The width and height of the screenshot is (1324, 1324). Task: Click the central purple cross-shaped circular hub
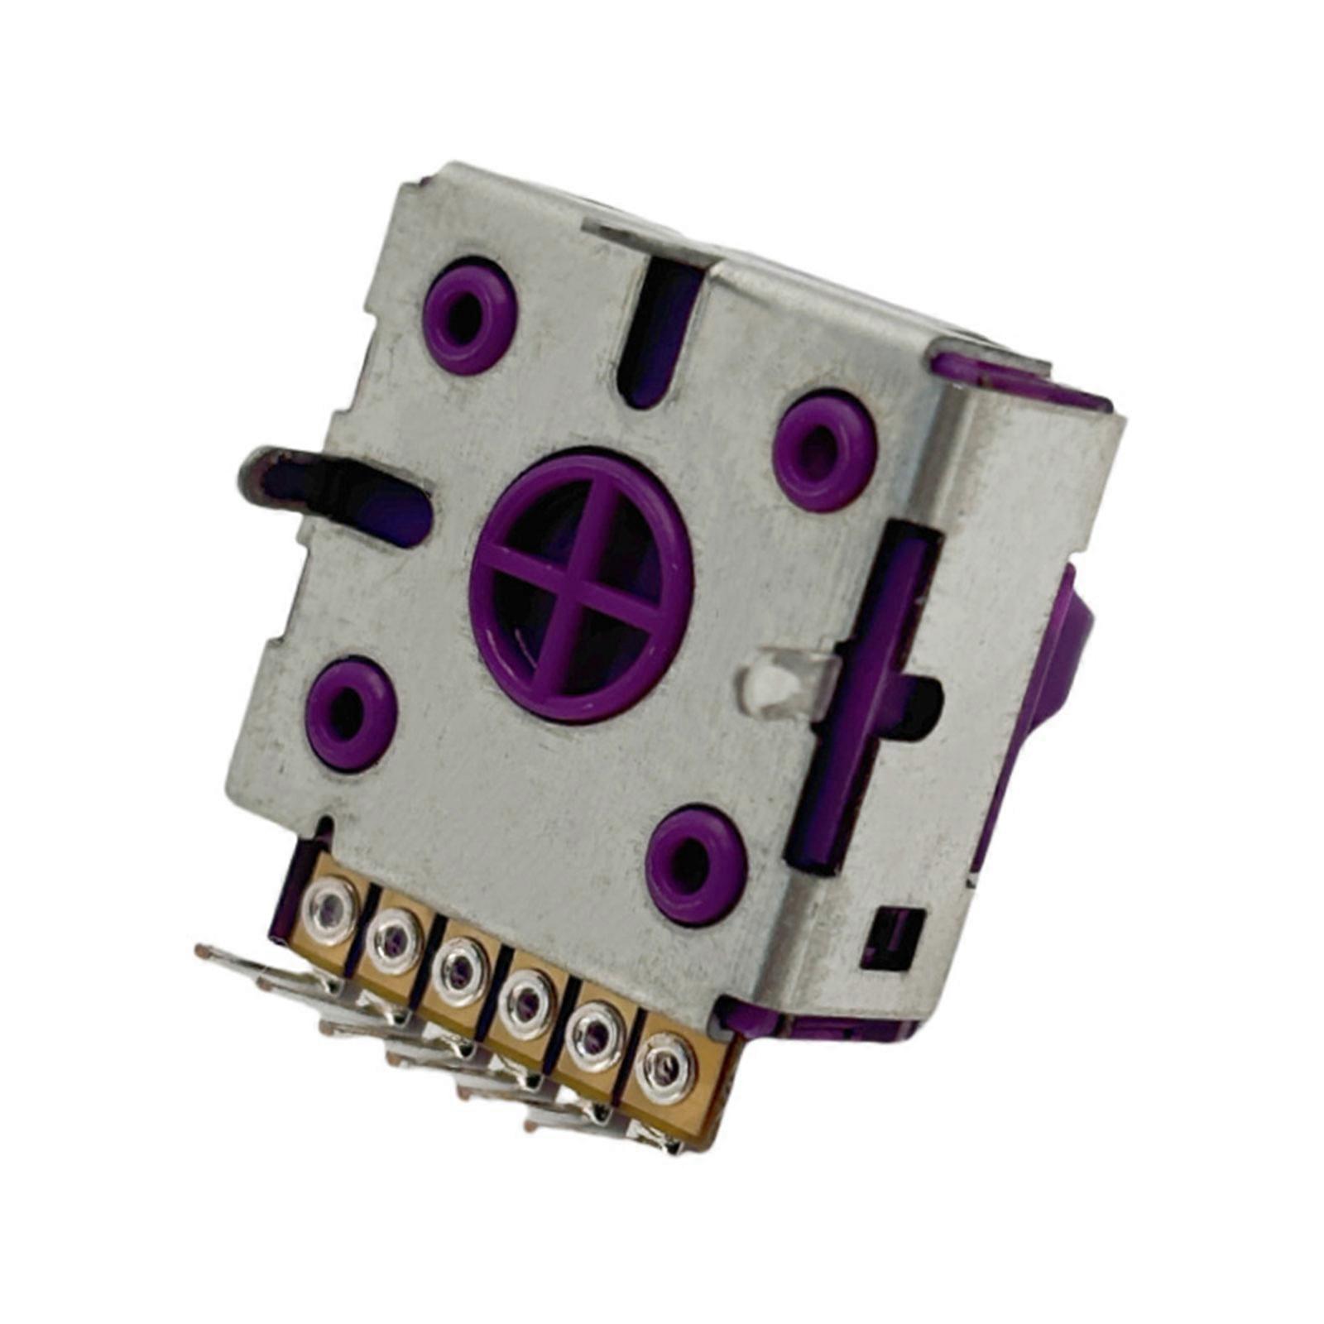(581, 585)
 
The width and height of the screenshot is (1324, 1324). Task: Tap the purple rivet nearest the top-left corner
(469, 315)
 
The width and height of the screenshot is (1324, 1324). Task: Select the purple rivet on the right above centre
(824, 451)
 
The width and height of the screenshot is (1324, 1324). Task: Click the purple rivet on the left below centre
(351, 714)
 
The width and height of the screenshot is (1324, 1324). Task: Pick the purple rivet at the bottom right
(696, 865)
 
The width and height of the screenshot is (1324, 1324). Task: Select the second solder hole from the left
(395, 940)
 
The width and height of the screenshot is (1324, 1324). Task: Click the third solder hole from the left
(460, 972)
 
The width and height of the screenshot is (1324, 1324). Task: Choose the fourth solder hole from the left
(526, 1003)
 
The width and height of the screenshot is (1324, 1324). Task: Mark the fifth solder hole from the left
(594, 1034)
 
